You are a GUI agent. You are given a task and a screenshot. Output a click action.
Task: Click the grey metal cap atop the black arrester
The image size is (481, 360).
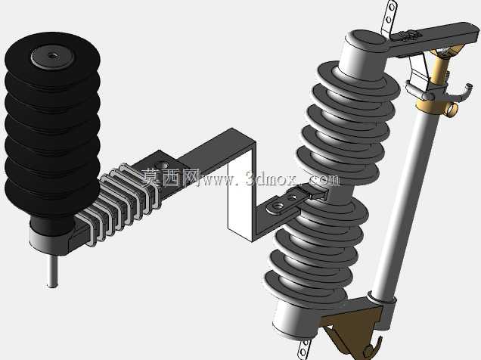tap(53, 57)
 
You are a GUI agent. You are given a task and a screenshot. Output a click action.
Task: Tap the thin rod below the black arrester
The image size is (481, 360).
tap(53, 271)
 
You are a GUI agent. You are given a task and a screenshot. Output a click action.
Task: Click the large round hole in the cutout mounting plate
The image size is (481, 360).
tap(280, 206)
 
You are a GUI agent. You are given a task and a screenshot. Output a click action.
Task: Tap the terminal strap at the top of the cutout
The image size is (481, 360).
tap(389, 18)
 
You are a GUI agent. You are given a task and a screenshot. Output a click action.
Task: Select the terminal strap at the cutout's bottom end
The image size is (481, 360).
tap(304, 349)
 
